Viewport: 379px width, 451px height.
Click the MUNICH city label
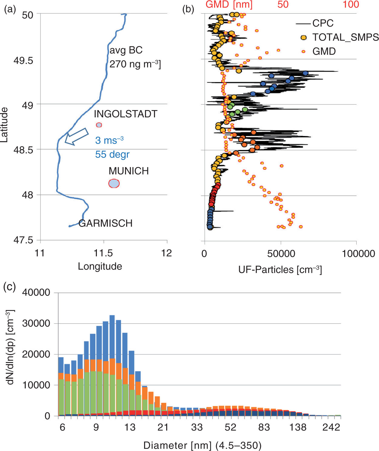pyautogui.click(x=129, y=171)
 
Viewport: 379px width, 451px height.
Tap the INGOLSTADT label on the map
pyautogui.click(x=126, y=114)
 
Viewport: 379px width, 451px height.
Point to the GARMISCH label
pyautogui.click(x=106, y=223)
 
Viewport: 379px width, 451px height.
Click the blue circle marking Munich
pyautogui.click(x=114, y=183)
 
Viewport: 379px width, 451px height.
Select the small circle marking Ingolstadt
pyautogui.click(x=99, y=125)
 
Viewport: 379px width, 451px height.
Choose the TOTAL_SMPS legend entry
pyautogui.click(x=339, y=38)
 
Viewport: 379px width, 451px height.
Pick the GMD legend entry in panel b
pyautogui.click(x=319, y=51)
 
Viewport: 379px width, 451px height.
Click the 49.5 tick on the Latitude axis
pyautogui.click(x=23, y=61)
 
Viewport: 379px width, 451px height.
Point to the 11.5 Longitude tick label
pyautogui.click(x=103, y=253)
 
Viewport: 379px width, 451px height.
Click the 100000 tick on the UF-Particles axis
pyautogui.click(x=358, y=253)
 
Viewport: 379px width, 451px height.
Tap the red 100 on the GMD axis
pyautogui.click(x=351, y=5)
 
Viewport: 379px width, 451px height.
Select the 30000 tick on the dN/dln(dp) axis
pyautogui.click(x=36, y=324)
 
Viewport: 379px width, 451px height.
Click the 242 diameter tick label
pyautogui.click(x=331, y=427)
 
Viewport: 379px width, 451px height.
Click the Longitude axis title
pyautogui.click(x=100, y=266)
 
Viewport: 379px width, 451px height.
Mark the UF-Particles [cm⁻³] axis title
pyautogui.click(x=280, y=269)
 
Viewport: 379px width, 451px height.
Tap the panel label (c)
pyautogui.click(x=9, y=287)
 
